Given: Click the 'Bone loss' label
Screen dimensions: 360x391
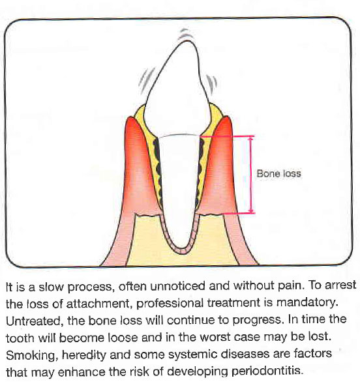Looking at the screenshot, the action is coord(278,173).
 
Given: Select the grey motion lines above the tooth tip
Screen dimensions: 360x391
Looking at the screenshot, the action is coord(186,35).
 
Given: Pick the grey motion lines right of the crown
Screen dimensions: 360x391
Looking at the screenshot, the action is coord(211,84).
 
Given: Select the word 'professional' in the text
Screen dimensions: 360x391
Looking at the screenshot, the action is coord(170,304).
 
